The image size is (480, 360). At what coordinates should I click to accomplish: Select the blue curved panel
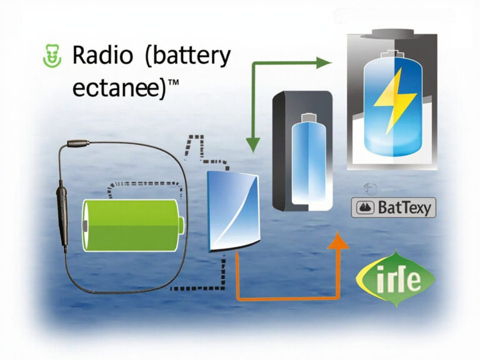tap(232, 210)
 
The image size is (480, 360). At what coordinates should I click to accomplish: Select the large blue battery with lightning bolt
tap(392, 106)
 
